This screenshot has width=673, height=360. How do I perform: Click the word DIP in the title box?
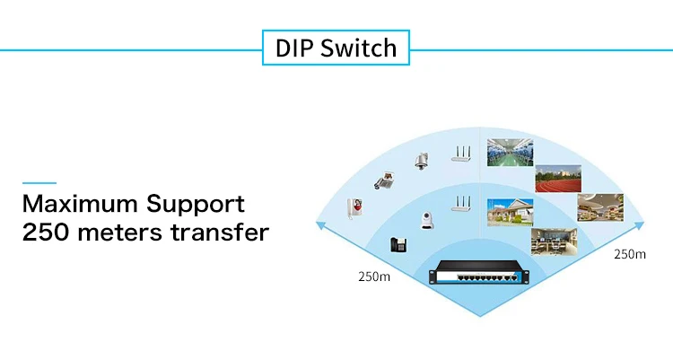(x=294, y=48)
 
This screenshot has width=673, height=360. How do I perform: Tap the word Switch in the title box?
(x=358, y=48)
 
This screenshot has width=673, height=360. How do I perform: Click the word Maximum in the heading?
(x=79, y=204)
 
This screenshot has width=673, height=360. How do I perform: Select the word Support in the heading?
(x=196, y=206)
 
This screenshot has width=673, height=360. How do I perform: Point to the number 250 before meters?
(x=46, y=233)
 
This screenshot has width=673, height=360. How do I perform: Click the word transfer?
(x=220, y=232)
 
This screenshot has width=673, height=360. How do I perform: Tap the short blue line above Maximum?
(x=39, y=183)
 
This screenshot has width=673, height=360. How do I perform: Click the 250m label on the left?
(x=374, y=277)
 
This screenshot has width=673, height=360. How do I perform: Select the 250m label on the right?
(x=630, y=254)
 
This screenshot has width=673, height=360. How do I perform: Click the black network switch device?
(x=479, y=273)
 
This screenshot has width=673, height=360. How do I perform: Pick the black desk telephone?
(x=398, y=245)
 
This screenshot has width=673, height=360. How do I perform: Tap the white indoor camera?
(x=426, y=220)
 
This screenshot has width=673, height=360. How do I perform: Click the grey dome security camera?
(x=422, y=161)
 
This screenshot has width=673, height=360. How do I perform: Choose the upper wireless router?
(x=461, y=154)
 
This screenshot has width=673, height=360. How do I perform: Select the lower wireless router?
(x=461, y=204)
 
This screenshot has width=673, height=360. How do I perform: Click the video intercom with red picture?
(x=355, y=209)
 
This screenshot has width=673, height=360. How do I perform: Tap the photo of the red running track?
(x=558, y=179)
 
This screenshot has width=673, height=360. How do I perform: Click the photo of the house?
(x=510, y=212)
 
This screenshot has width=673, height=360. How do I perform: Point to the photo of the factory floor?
(x=510, y=152)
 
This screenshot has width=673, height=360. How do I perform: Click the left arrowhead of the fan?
(x=319, y=224)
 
